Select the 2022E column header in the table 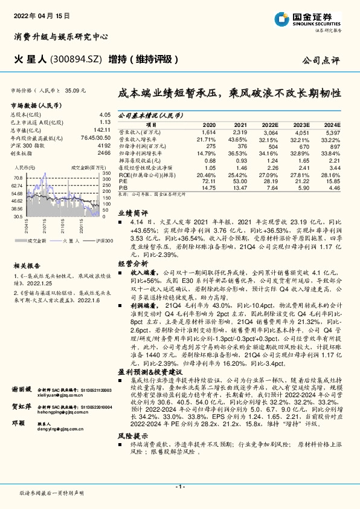click(x=269, y=124)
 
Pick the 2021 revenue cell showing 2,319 click(x=240, y=132)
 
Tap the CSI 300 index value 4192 click(x=104, y=146)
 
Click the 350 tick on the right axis click(x=106, y=173)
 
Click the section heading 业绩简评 click(x=132, y=213)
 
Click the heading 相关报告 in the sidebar click(x=27, y=265)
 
